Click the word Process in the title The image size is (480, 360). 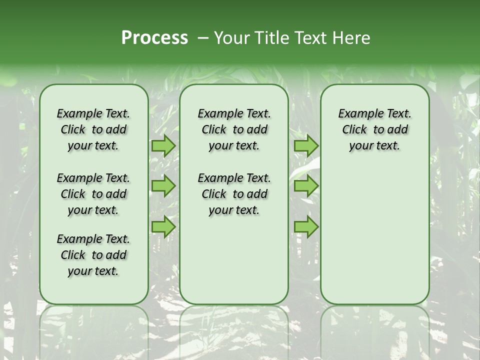(x=154, y=38)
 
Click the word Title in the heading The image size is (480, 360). (x=268, y=38)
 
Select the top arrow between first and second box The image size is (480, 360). (x=163, y=146)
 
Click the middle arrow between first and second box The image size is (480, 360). (x=163, y=186)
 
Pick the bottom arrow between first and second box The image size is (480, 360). (x=163, y=226)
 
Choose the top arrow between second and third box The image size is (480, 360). (x=306, y=146)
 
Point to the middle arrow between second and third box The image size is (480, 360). (x=306, y=186)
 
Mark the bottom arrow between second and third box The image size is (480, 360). (x=306, y=226)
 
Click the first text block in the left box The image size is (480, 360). (x=93, y=129)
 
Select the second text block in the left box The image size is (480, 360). (x=93, y=194)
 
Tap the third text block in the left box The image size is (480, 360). (x=93, y=255)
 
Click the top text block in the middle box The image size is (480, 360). (x=234, y=129)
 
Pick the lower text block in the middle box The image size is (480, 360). (x=234, y=194)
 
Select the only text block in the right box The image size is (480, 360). (x=374, y=129)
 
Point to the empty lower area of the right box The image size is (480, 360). (x=374, y=230)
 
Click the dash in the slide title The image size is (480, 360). (x=202, y=38)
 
